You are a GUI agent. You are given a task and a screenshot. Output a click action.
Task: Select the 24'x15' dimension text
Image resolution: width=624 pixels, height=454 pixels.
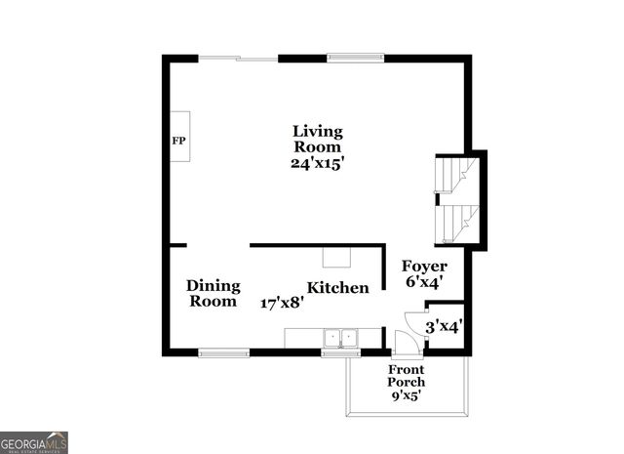pyautogui.click(x=318, y=163)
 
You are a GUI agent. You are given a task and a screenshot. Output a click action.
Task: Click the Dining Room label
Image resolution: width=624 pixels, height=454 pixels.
pyautogui.click(x=214, y=293)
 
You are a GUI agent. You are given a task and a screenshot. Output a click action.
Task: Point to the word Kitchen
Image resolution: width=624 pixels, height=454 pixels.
pyautogui.click(x=338, y=287)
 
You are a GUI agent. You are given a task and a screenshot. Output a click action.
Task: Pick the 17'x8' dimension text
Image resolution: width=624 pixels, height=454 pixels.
pyautogui.click(x=282, y=303)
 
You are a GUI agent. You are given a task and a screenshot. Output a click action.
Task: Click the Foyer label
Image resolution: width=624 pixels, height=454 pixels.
pyautogui.click(x=425, y=266)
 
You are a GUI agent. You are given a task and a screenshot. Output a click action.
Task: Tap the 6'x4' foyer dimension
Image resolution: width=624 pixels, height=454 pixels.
pyautogui.click(x=425, y=282)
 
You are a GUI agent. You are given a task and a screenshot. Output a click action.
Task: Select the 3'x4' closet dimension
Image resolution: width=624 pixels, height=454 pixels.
pyautogui.click(x=444, y=328)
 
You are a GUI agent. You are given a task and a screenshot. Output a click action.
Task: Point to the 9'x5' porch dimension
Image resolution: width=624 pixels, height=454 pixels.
pyautogui.click(x=407, y=395)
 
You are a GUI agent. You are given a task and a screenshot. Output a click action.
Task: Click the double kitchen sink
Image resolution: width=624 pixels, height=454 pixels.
pyautogui.click(x=340, y=339)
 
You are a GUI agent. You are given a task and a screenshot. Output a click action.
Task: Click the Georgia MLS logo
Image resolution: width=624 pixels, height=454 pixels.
pyautogui.click(x=34, y=442)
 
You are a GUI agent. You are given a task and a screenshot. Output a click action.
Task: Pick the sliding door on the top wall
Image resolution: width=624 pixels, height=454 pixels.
pyautogui.click(x=239, y=59)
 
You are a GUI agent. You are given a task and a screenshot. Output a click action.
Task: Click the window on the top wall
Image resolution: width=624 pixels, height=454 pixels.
pyautogui.click(x=355, y=58)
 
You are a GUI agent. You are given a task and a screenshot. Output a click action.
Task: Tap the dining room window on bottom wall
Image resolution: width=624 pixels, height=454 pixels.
pyautogui.click(x=223, y=351)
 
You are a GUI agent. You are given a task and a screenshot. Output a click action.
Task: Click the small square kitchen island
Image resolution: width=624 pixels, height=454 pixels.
pyautogui.click(x=337, y=257)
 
